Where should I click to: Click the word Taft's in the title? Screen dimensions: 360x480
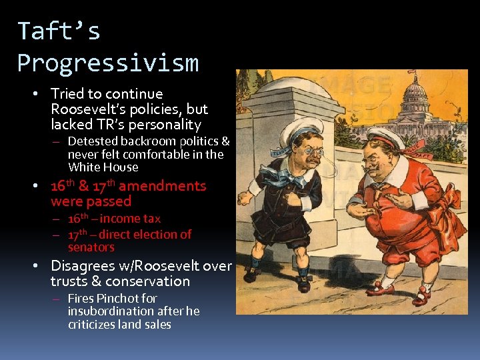click(x=59, y=31)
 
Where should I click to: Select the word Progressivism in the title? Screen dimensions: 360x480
click(x=107, y=63)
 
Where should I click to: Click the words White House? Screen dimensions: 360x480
click(x=103, y=167)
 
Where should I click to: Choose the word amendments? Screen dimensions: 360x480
click(x=162, y=186)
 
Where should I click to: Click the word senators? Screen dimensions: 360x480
click(x=91, y=247)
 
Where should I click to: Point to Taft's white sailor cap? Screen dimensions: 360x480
click(x=383, y=137)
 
